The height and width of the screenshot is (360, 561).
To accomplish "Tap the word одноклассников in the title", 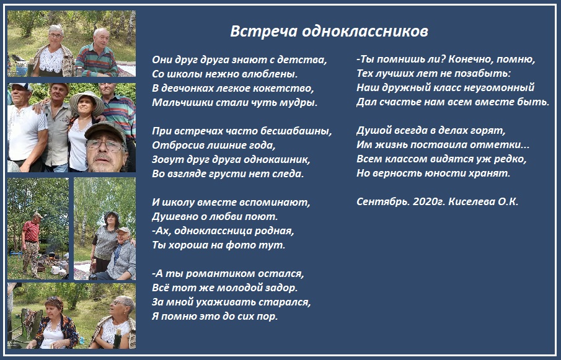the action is (365, 31).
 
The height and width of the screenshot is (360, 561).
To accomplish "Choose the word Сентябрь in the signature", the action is (383, 201).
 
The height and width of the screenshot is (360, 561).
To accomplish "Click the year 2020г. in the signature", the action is (428, 201).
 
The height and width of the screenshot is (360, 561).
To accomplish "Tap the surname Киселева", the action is (472, 201).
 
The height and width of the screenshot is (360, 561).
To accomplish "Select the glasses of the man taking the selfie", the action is (105, 144).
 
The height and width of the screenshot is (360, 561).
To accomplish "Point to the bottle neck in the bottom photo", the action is (117, 335).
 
